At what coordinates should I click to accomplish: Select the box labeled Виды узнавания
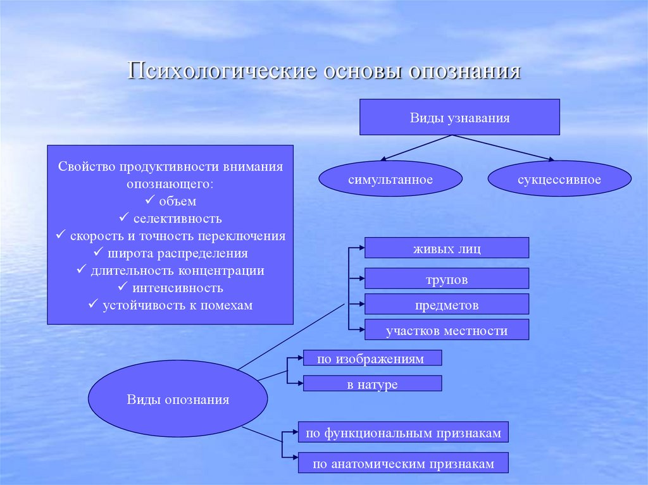459,117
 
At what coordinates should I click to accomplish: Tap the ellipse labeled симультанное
390,179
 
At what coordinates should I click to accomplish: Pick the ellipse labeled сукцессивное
559,179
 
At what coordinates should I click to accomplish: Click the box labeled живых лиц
446,248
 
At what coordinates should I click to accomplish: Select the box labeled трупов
446,279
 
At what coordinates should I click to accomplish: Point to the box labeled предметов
446,305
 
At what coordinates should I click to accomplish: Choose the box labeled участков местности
446,330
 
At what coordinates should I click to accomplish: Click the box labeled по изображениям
372,358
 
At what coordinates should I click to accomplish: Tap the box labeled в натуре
372,383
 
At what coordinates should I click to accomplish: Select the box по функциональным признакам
403,433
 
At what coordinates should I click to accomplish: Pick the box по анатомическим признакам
403,464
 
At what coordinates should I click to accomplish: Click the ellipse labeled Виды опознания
178,400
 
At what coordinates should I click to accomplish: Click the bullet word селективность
177,219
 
